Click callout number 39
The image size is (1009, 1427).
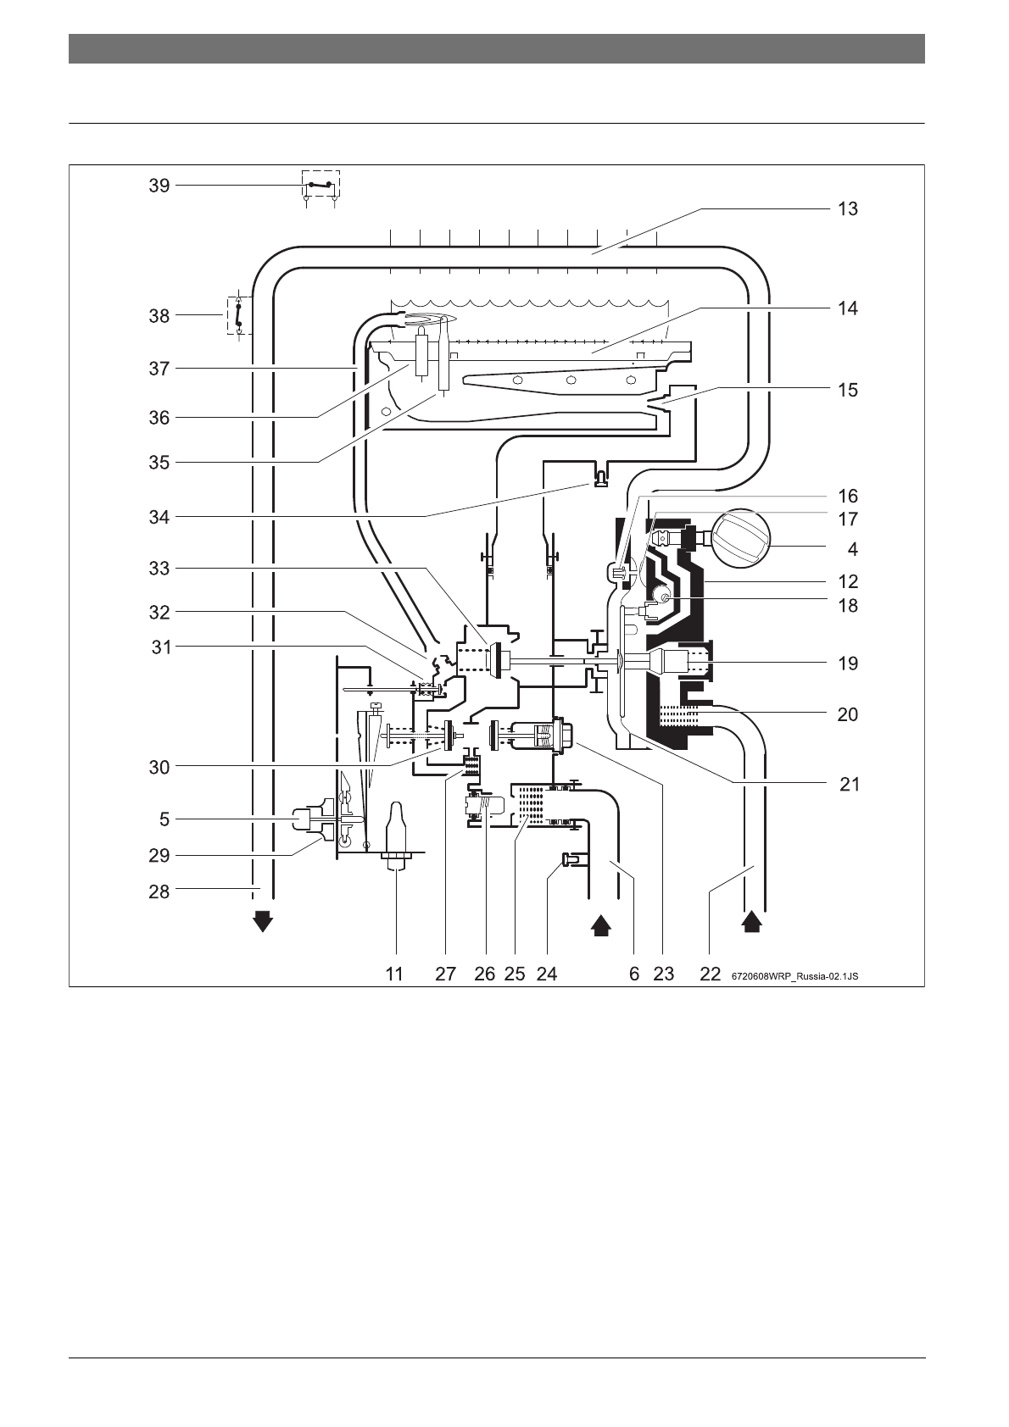159,186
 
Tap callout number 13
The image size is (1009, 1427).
847,208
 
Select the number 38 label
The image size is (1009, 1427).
159,316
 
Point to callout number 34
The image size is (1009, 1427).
159,517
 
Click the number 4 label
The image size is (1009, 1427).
852,549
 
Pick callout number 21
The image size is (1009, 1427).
850,784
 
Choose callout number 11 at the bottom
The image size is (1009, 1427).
394,974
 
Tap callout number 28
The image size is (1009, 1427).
159,891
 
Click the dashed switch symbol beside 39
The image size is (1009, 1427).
321,185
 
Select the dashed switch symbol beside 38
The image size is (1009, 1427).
238,315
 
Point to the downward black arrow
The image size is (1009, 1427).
264,920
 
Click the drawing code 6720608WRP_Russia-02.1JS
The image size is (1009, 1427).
794,976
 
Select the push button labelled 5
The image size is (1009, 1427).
304,819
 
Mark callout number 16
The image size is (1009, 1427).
847,497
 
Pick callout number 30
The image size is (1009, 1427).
159,767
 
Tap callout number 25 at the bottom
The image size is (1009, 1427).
515,974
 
